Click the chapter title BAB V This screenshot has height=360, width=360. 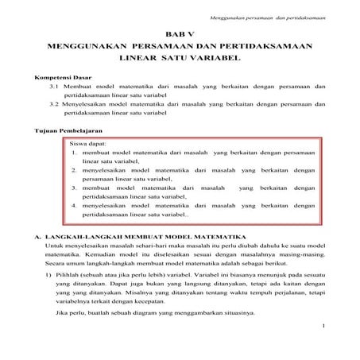[x=180, y=37]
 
